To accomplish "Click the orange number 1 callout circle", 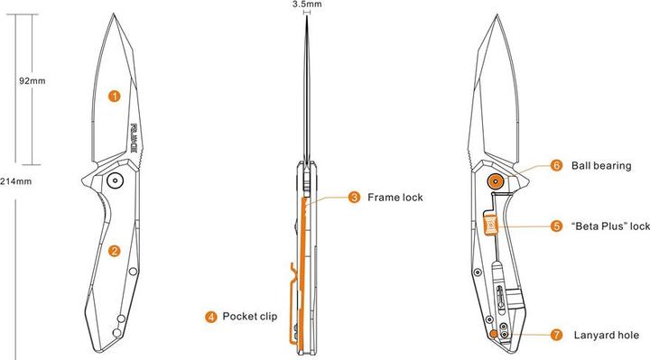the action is point(115,95).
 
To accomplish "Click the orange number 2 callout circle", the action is point(115,250).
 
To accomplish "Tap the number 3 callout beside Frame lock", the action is point(355,197).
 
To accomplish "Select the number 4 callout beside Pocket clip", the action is point(210,317).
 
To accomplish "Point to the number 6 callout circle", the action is point(557,166).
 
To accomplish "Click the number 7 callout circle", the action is point(557,335).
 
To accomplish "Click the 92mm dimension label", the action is point(32,80).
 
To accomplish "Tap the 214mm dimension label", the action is point(14,181).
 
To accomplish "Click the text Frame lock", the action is point(395,197).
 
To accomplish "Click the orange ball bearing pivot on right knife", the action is point(495,180).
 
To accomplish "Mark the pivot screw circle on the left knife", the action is point(115,180).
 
